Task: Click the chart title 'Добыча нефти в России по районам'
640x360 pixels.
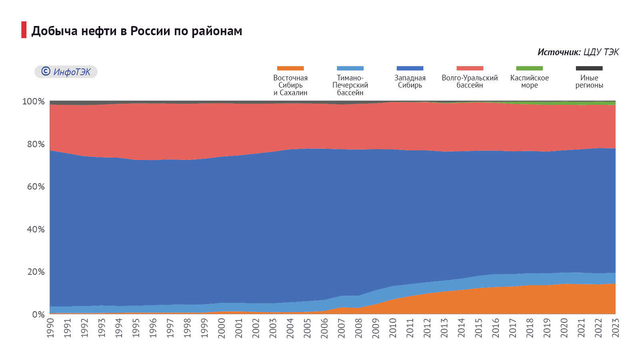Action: (x=137, y=31)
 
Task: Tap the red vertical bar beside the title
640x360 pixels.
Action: (x=24, y=30)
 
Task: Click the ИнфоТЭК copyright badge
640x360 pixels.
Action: (x=66, y=72)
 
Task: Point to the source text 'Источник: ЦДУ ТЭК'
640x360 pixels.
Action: (x=578, y=52)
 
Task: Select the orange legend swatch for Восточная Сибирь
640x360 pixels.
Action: (x=290, y=68)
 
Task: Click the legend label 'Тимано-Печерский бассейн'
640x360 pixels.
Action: (x=350, y=85)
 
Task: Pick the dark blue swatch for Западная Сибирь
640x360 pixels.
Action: (x=410, y=68)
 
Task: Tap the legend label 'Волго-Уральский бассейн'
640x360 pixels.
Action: (x=470, y=81)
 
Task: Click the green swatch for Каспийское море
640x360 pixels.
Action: (x=529, y=68)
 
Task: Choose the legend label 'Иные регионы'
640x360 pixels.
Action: (x=589, y=81)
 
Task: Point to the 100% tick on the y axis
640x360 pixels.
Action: (x=34, y=102)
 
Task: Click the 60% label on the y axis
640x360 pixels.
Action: (x=36, y=187)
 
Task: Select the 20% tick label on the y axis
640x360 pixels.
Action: (x=36, y=272)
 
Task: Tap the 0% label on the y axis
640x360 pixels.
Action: (x=38, y=315)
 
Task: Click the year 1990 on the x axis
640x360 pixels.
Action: (x=50, y=328)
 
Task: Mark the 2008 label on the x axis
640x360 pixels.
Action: (x=359, y=328)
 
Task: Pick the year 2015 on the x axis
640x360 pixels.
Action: (x=479, y=328)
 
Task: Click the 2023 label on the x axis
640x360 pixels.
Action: (x=616, y=328)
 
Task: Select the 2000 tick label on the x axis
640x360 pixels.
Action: (x=222, y=328)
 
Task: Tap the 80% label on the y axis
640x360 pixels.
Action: (x=36, y=144)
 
